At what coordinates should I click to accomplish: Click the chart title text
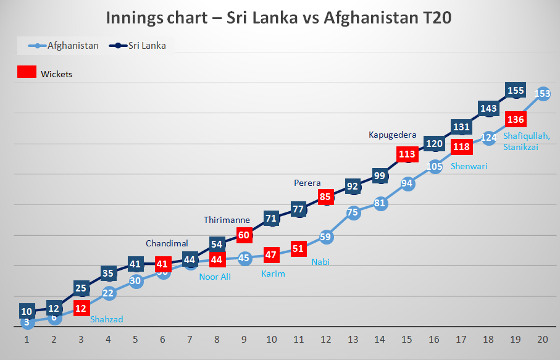pos(278,17)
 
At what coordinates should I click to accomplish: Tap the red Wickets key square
pos(26,73)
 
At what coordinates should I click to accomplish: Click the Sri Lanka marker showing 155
pos(516,91)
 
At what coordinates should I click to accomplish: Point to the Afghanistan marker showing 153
pos(543,94)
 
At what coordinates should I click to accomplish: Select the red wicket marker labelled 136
pos(516,119)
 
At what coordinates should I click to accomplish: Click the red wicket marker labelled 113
pos(407,154)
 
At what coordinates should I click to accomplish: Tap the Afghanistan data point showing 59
pos(326,237)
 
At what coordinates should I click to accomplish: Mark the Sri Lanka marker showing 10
pos(27,311)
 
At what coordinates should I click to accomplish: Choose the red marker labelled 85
pos(326,197)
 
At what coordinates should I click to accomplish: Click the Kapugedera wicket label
pos(393,134)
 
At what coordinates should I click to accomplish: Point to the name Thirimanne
pos(227,220)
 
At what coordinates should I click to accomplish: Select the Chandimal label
pos(167,243)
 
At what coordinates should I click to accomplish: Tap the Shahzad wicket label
pos(107,319)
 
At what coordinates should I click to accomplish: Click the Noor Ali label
pos(215,277)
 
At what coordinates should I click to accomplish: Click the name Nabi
pos(320,262)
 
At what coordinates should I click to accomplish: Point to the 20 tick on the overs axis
pos(543,340)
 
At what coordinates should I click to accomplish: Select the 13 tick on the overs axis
pos(353,340)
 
